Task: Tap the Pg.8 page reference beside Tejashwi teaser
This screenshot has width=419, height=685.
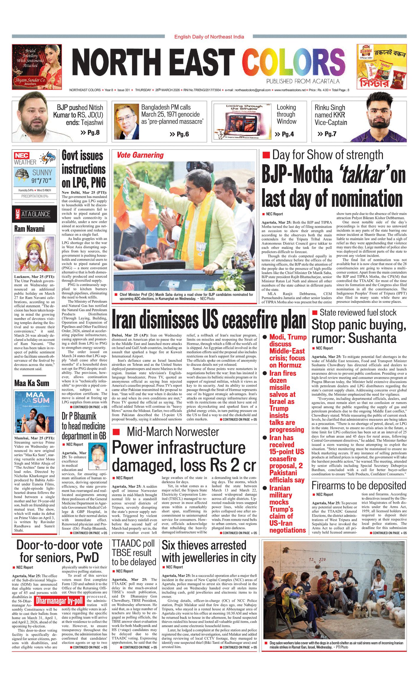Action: click(x=90, y=133)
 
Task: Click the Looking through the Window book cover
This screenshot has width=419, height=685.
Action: click(x=242, y=121)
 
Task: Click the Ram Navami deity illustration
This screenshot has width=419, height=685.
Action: click(x=34, y=254)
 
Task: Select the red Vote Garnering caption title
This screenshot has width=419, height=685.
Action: click(x=140, y=155)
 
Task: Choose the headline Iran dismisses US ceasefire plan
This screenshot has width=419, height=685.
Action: click(x=209, y=320)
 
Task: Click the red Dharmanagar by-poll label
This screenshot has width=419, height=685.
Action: click(x=59, y=601)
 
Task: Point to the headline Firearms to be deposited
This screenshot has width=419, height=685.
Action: click(x=359, y=486)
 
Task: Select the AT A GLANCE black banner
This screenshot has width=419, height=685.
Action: click(x=34, y=214)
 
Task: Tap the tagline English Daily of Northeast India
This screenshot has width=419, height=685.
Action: click(x=209, y=37)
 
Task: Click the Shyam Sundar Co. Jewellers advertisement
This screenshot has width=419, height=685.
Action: click(x=37, y=67)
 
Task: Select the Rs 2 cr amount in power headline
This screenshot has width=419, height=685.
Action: click(x=229, y=465)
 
